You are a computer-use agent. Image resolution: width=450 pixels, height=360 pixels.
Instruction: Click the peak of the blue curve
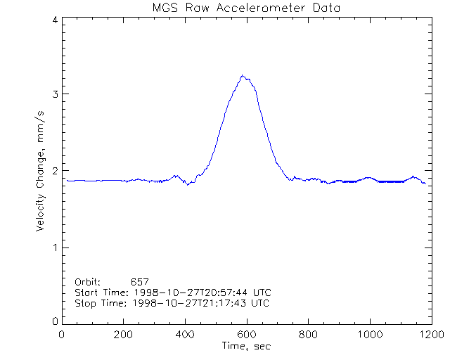point(243,75)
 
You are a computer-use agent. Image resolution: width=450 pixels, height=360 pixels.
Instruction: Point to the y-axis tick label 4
point(55,20)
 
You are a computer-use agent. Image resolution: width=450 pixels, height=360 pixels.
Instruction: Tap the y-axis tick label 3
point(55,94)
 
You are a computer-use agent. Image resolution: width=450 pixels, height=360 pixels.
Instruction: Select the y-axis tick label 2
point(55,171)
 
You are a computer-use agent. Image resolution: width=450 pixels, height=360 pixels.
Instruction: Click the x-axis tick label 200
point(124,335)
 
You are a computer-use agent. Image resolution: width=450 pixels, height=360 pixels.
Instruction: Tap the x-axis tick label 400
point(185,335)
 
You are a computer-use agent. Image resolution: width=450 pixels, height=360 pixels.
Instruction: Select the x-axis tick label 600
point(246,335)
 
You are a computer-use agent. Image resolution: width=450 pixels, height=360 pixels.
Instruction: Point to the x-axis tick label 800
point(308,335)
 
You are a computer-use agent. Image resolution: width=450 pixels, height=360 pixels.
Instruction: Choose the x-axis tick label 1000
point(369,335)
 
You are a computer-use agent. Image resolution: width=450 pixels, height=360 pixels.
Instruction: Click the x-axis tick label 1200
point(430,335)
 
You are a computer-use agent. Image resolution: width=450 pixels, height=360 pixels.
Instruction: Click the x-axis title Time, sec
point(246,347)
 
